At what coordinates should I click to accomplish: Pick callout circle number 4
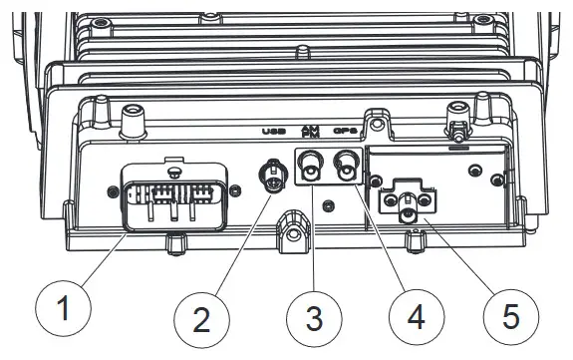414,318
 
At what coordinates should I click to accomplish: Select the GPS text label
346,131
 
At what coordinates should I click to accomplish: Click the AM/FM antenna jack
311,164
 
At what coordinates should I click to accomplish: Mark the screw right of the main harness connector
234,190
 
